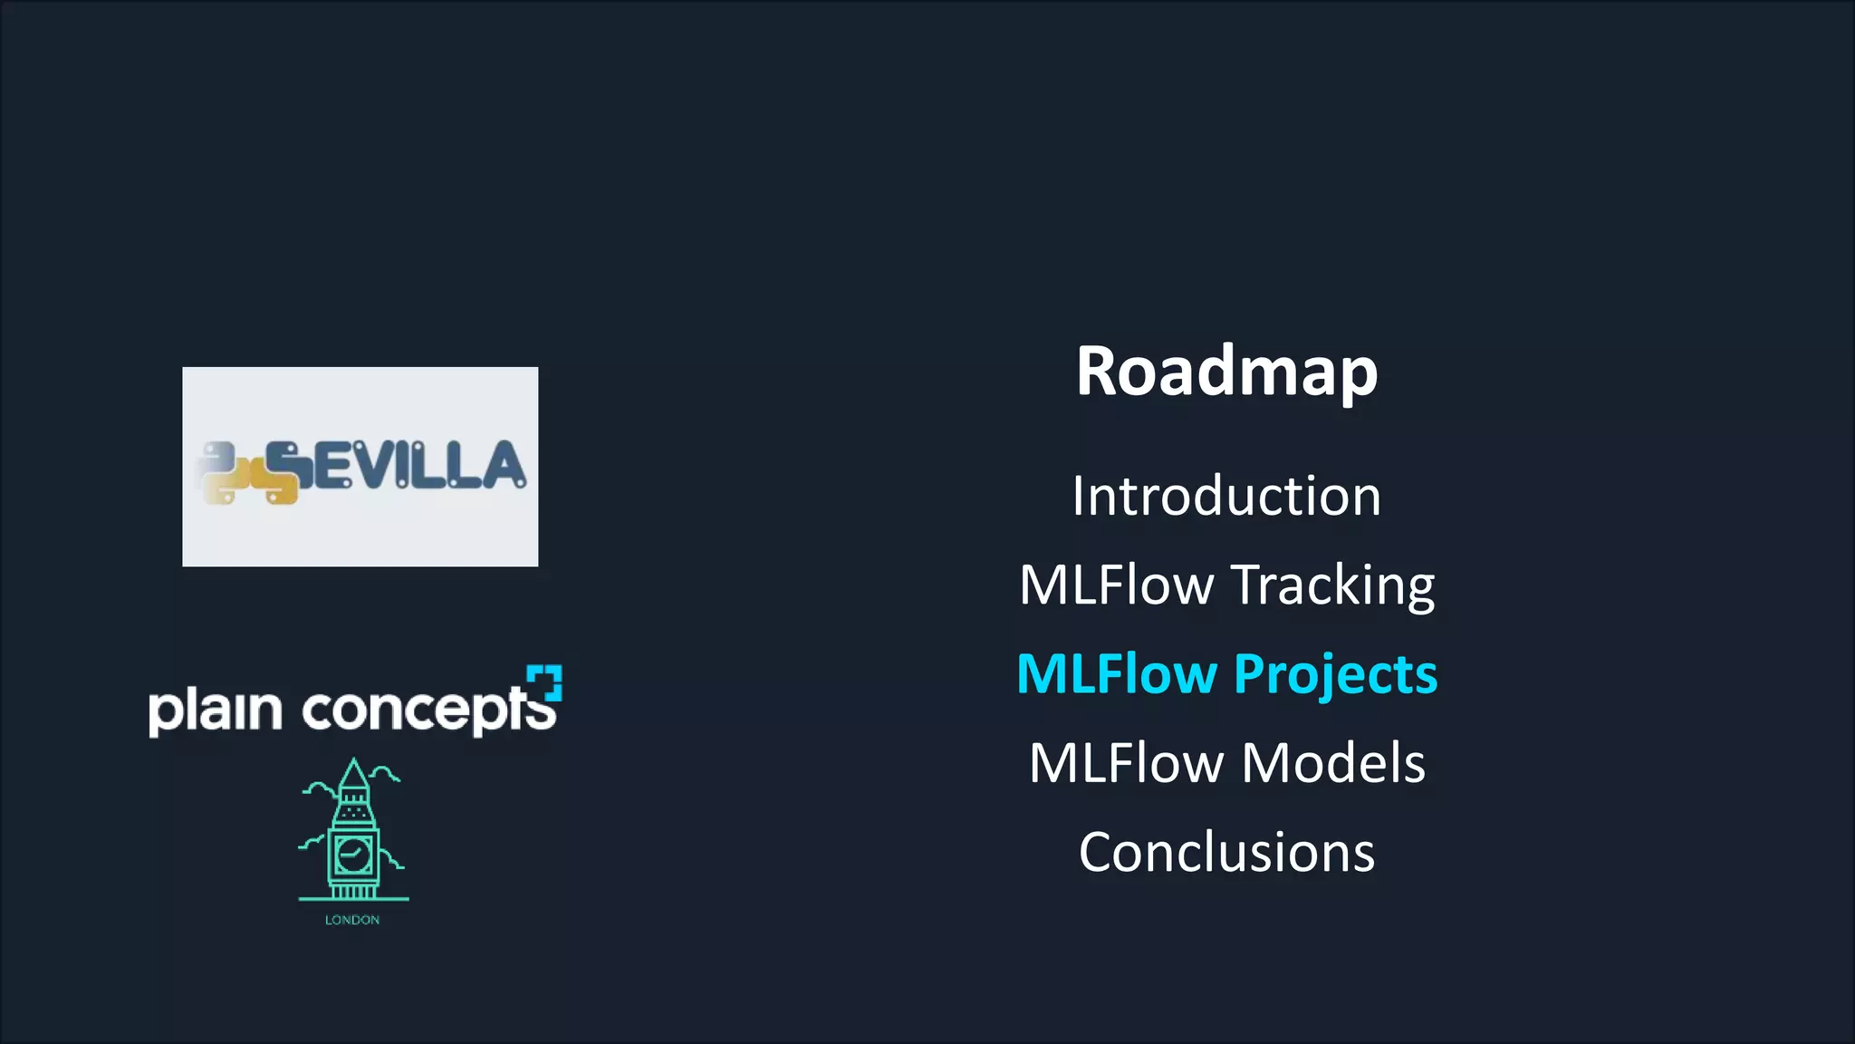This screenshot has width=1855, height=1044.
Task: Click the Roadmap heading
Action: pyautogui.click(x=1226, y=372)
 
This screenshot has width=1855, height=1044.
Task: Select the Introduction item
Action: pyautogui.click(x=1226, y=497)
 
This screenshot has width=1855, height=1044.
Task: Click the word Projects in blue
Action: pyautogui.click(x=1335, y=674)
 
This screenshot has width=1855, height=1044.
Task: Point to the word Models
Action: pyautogui.click(x=1333, y=763)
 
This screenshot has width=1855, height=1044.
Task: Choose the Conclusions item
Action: pyautogui.click(x=1226, y=852)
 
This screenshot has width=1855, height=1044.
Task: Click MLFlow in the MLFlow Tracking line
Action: pyautogui.click(x=1116, y=585)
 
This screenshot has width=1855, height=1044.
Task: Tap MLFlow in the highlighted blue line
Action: pyautogui.click(x=1116, y=674)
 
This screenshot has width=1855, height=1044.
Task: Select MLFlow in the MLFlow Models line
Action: pyautogui.click(x=1126, y=763)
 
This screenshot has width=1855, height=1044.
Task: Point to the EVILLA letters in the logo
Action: pyautogui.click(x=417, y=466)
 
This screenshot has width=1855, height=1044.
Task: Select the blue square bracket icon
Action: pyautogui.click(x=545, y=682)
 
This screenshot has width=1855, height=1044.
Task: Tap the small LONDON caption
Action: pyautogui.click(x=352, y=920)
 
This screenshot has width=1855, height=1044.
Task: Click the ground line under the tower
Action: pyautogui.click(x=353, y=899)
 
